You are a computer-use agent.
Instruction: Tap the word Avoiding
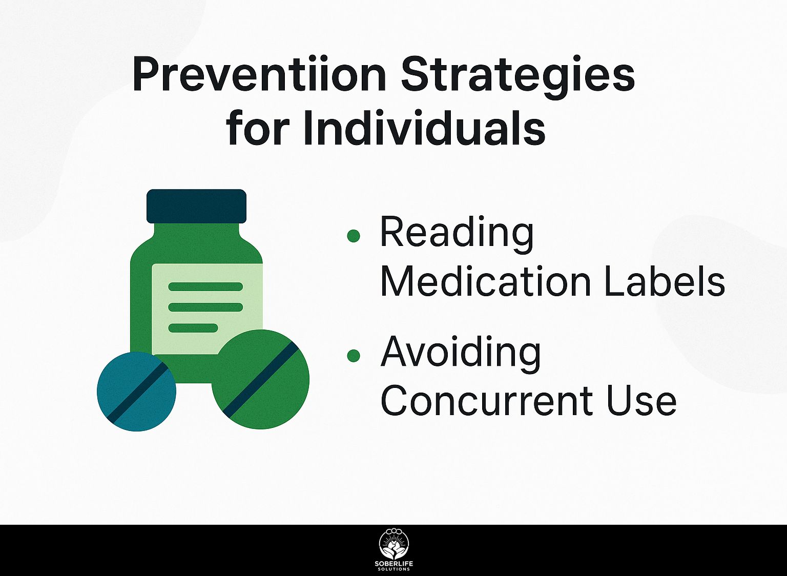click(x=461, y=355)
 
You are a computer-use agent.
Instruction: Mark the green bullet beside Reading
click(x=354, y=235)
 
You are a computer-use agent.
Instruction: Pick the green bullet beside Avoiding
click(x=354, y=355)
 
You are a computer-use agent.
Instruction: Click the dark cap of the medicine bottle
click(x=196, y=207)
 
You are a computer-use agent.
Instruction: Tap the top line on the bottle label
click(x=205, y=286)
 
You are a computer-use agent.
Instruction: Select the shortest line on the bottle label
click(x=193, y=328)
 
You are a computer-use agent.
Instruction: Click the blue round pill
click(x=136, y=391)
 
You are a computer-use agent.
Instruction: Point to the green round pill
click(x=260, y=379)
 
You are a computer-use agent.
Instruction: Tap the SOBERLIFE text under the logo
click(x=394, y=564)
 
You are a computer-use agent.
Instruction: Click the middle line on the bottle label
click(x=205, y=307)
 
